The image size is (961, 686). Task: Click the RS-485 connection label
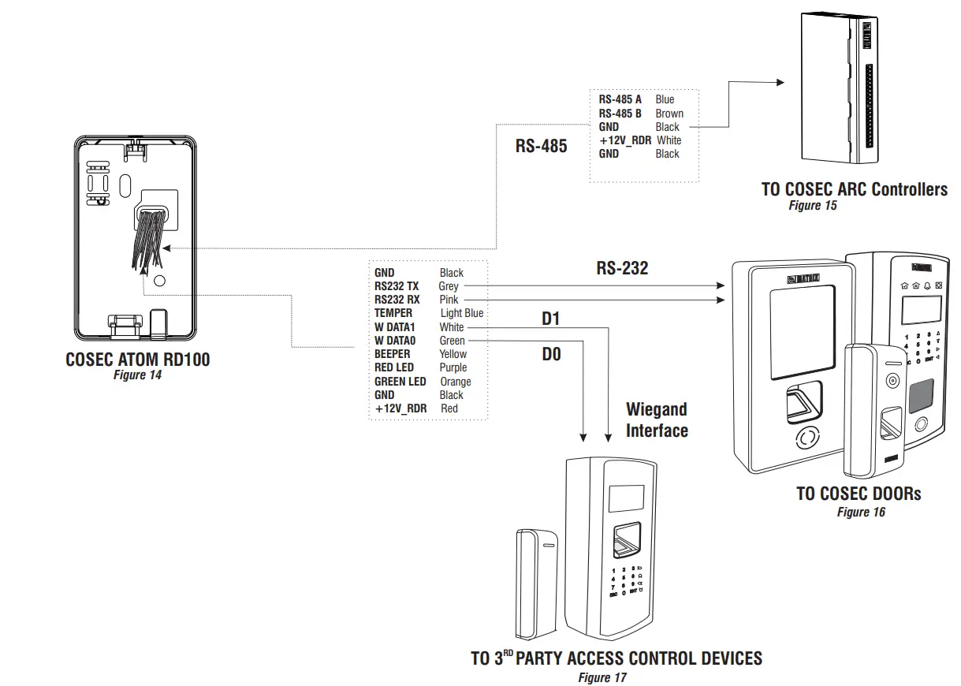[x=541, y=146]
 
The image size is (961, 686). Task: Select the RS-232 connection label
[x=622, y=268]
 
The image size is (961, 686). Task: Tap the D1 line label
[x=550, y=319]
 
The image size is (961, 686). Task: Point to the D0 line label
[x=551, y=355]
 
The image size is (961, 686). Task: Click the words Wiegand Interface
[x=657, y=419]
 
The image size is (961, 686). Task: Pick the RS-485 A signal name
[x=620, y=99]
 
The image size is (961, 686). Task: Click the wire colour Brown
[x=669, y=114]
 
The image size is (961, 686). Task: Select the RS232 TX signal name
[x=397, y=286]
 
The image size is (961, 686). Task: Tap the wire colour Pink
[x=449, y=300]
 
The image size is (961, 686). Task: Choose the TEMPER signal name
[x=393, y=313]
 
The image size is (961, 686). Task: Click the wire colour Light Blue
[x=462, y=313]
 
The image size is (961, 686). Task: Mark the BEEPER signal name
[x=393, y=354]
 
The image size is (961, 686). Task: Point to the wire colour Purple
[x=453, y=367]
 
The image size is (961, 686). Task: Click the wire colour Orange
[x=456, y=382]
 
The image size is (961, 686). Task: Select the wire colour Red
[x=449, y=408]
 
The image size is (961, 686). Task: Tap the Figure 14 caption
[x=137, y=375]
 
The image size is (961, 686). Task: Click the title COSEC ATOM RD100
[x=138, y=360]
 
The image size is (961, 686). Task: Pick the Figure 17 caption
[x=603, y=677]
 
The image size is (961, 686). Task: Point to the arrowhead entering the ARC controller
[x=780, y=82]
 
